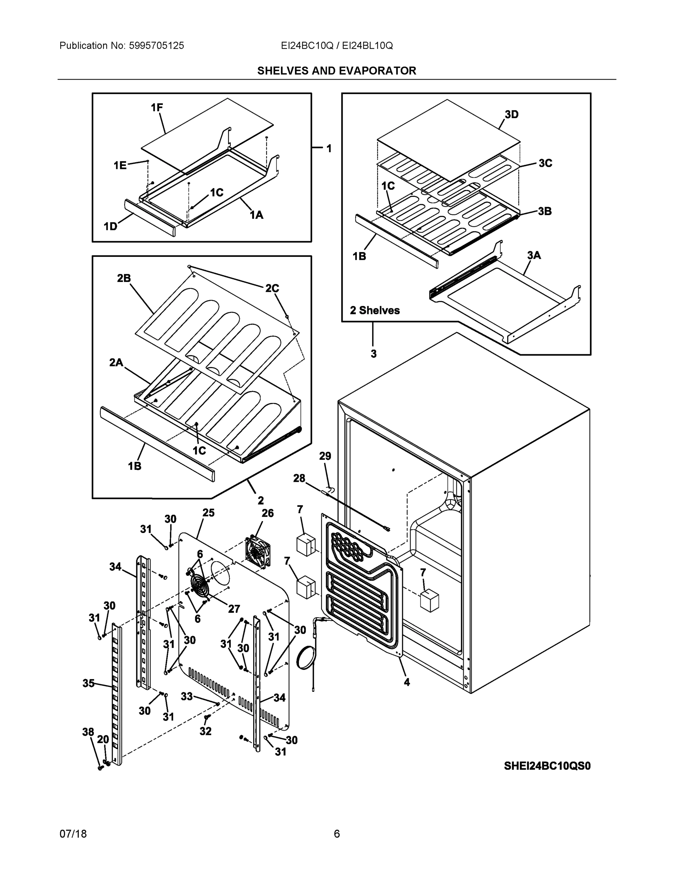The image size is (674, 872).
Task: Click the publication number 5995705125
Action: [x=156, y=46]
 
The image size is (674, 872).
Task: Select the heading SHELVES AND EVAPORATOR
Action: [x=336, y=71]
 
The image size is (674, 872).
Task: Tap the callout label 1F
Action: [x=157, y=108]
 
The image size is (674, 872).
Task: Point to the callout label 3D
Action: [x=512, y=114]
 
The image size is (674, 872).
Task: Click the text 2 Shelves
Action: [x=375, y=310]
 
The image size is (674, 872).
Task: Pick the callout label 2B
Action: [x=124, y=278]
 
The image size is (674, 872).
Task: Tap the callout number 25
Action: [x=209, y=513]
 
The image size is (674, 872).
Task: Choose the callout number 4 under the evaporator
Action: [x=407, y=682]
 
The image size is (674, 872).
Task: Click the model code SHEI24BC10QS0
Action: [x=547, y=766]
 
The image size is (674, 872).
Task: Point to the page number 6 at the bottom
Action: [x=336, y=834]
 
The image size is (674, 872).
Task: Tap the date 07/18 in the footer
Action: [x=73, y=834]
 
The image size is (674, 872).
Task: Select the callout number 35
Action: [x=88, y=683]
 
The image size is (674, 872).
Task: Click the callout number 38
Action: [x=88, y=732]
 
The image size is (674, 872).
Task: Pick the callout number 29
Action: [x=325, y=456]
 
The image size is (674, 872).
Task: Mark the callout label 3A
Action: [x=534, y=255]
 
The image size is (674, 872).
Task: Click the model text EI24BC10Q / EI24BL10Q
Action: [x=336, y=46]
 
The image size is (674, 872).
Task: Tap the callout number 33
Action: [x=186, y=696]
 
